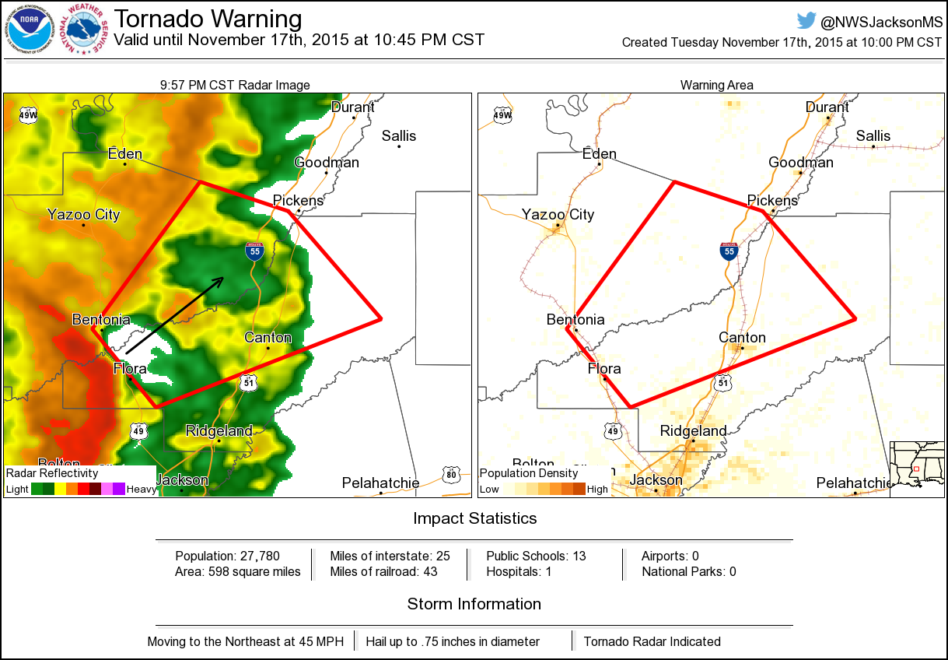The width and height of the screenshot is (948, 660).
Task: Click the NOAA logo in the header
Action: (31, 30)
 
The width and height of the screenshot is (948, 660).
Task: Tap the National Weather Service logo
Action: (87, 30)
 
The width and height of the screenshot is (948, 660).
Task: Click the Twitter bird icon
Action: (806, 21)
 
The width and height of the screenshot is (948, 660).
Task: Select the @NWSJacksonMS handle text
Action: (880, 22)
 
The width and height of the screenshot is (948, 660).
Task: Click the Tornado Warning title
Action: (208, 19)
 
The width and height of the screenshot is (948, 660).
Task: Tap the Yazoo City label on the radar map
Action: (83, 214)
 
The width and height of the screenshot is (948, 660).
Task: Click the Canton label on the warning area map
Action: (742, 337)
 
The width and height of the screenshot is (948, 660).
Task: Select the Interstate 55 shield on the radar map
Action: (254, 251)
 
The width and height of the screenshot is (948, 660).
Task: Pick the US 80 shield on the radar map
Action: (452, 474)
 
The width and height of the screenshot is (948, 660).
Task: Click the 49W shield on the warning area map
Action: (502, 115)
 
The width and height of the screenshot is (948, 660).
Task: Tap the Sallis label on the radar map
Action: (398, 136)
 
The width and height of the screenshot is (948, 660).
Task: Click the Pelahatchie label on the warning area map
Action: (853, 483)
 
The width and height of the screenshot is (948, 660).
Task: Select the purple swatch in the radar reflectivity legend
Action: (118, 489)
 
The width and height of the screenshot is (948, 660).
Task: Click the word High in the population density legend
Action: (597, 490)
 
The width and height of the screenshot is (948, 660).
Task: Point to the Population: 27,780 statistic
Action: (227, 556)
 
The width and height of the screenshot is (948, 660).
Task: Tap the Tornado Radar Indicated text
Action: (652, 641)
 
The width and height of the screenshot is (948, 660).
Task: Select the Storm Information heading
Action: (474, 604)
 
